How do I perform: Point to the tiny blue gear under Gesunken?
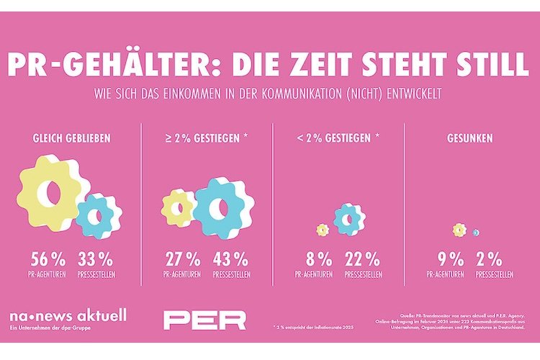(x=475, y=232)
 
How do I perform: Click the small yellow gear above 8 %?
(x=322, y=230)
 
